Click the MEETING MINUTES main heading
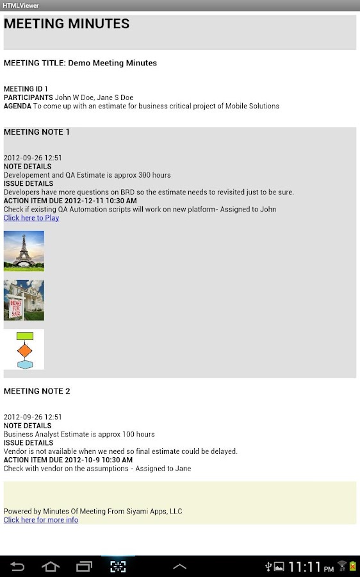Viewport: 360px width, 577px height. [x=67, y=24]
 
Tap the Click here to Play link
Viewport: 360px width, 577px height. [x=31, y=218]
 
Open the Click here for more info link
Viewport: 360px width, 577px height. [x=41, y=520]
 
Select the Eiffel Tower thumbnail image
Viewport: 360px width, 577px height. [x=24, y=251]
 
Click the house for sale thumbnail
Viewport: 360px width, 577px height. [x=24, y=300]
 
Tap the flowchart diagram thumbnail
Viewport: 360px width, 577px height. [x=24, y=349]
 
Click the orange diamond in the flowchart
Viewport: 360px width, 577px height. [x=24, y=351]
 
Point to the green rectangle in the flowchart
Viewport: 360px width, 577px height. [x=24, y=336]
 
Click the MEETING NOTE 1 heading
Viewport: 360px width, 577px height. [x=37, y=132]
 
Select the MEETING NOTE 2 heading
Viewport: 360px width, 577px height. [x=37, y=391]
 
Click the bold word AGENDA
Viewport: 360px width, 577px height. [x=17, y=106]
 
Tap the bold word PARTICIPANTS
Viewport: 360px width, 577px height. [x=28, y=97]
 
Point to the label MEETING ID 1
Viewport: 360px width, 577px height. [x=26, y=89]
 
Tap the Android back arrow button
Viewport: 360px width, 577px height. [x=18, y=567]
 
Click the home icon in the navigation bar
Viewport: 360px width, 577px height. [x=51, y=567]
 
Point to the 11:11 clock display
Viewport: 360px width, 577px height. [x=304, y=567]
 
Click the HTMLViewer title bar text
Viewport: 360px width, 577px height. [x=20, y=5]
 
